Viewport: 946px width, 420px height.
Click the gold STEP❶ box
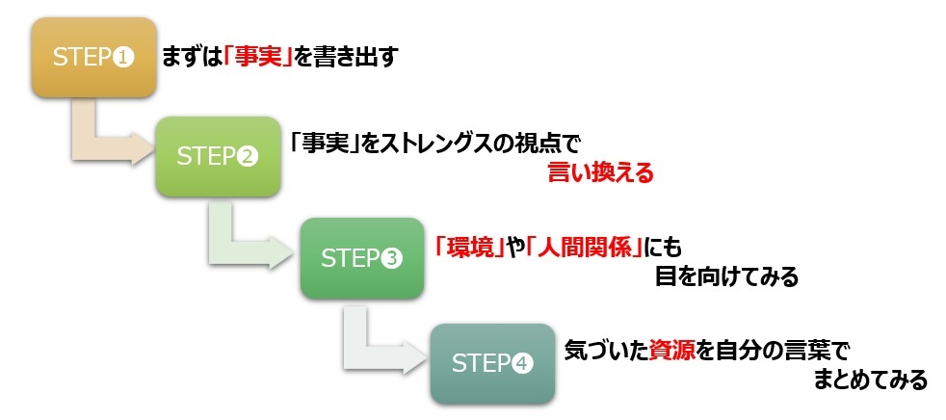coord(93,57)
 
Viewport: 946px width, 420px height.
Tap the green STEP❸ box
coord(361,257)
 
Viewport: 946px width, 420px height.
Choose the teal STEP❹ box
coord(492,363)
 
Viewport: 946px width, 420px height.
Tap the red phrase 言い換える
coord(600,173)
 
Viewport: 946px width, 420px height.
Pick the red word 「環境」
coord(470,246)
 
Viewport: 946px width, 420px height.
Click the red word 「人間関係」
coord(586,246)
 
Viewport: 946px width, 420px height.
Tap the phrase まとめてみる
coord(870,381)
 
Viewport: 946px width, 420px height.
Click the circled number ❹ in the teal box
coord(521,364)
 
